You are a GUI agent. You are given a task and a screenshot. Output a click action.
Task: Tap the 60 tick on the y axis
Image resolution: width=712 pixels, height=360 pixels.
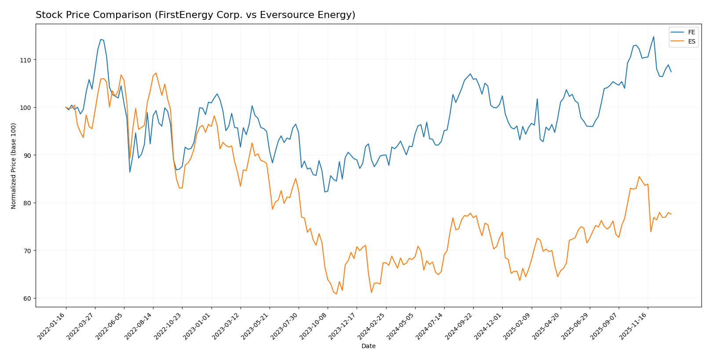[27, 298]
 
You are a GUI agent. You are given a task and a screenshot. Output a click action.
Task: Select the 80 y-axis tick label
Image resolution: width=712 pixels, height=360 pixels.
[27, 203]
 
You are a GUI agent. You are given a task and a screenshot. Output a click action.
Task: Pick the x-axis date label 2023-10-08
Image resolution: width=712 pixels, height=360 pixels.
[314, 326]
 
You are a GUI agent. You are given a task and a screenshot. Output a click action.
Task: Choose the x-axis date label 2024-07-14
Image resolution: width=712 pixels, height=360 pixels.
[430, 326]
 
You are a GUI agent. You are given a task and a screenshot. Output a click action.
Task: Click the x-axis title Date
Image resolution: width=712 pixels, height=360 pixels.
[368, 346]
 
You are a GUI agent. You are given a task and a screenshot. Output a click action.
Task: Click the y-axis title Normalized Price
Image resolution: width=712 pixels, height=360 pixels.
[14, 166]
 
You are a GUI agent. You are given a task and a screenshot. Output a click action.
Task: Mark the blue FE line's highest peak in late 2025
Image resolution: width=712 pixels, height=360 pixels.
[654, 36]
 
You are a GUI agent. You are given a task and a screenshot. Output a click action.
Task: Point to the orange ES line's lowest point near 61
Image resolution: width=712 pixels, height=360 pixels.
[336, 294]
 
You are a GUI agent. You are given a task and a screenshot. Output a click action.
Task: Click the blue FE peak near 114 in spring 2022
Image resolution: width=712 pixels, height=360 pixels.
[101, 40]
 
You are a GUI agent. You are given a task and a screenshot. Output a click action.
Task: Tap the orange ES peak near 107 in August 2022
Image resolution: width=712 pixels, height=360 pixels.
[156, 73]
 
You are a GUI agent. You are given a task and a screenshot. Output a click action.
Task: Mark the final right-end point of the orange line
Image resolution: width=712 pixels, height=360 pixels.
[671, 214]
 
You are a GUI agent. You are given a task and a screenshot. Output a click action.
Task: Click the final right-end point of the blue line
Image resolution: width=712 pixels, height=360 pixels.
[671, 72]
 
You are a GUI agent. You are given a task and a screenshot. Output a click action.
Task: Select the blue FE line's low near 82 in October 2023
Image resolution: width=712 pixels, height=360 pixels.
[325, 192]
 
